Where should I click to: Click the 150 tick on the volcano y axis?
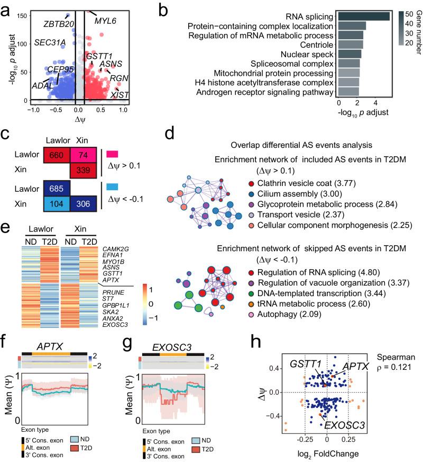[20, 15]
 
